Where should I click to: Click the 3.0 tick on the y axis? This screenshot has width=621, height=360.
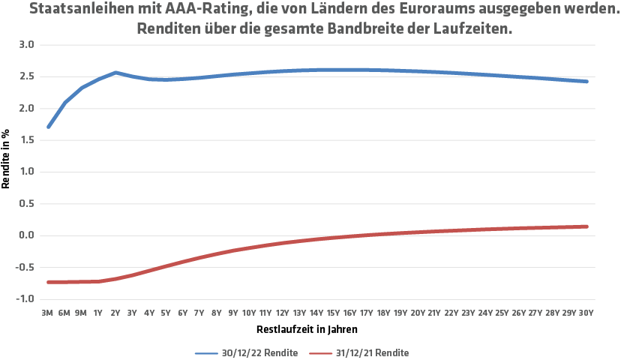(x=28, y=45)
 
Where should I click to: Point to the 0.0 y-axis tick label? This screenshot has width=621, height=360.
(x=28, y=235)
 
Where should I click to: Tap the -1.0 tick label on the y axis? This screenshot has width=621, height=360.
(x=26, y=299)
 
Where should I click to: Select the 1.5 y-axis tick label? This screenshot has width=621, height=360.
(x=28, y=140)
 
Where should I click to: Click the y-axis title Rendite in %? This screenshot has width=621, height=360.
(x=7, y=161)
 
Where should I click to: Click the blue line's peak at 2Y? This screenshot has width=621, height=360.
(x=115, y=73)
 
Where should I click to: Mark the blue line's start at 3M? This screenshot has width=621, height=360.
(x=49, y=127)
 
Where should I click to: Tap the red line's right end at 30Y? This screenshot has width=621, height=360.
(x=586, y=226)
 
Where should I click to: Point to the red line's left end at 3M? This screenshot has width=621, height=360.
(x=49, y=282)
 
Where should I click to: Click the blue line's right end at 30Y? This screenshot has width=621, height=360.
(x=586, y=81)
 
